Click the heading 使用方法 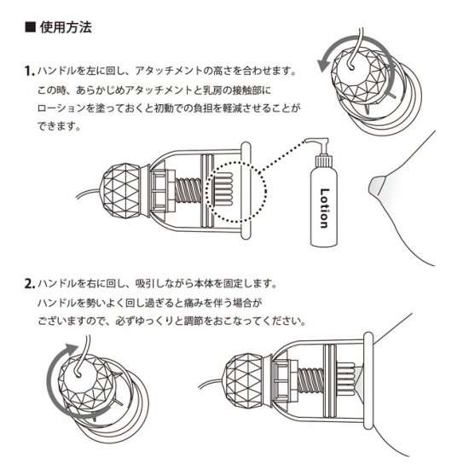[x=66, y=27]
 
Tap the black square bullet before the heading [x=30, y=27]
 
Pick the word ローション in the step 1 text [x=59, y=109]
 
